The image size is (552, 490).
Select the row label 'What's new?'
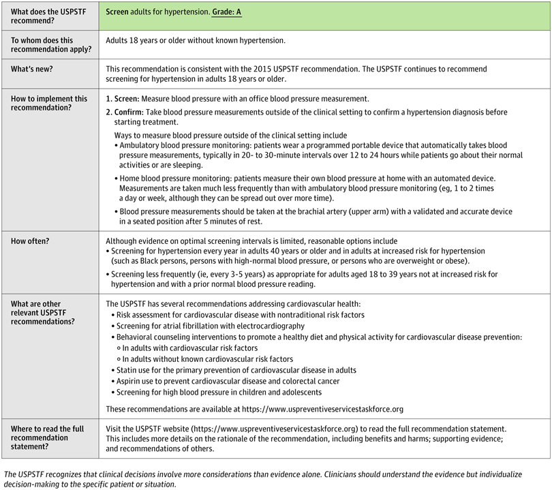[x=35, y=70]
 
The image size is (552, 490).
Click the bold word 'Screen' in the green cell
[x=118, y=14]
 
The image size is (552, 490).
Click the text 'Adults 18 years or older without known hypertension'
[x=196, y=41]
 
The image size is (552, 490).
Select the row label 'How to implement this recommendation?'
[x=49, y=104]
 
